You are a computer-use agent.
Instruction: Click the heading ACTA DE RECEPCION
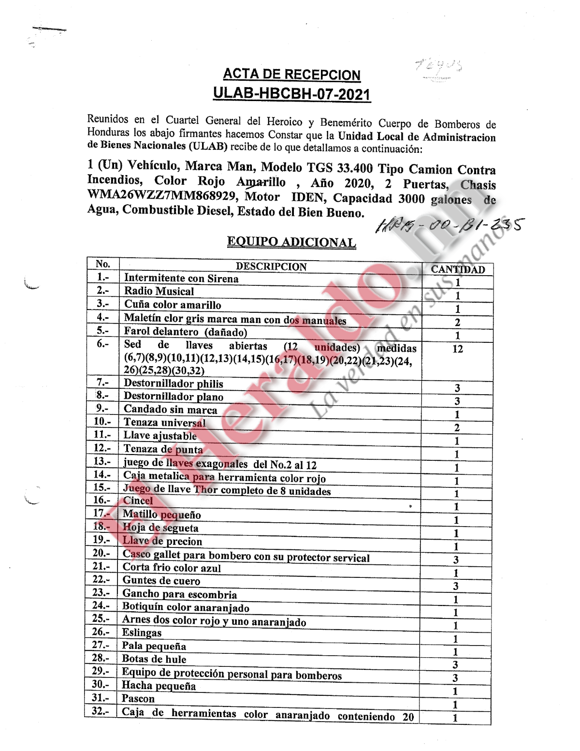tap(291, 74)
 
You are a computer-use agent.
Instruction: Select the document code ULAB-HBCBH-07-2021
tap(291, 93)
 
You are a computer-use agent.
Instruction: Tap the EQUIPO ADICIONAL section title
tap(291, 242)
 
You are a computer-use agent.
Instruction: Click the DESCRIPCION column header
tap(271, 266)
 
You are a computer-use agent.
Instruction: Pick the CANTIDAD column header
tap(458, 269)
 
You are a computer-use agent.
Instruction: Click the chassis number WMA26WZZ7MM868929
tap(162, 195)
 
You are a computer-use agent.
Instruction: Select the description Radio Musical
tap(159, 291)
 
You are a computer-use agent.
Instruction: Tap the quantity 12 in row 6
tap(458, 349)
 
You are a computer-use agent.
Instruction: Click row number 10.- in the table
tap(102, 422)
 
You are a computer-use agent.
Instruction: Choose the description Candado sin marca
tap(170, 410)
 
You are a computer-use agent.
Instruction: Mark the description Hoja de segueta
tap(160, 528)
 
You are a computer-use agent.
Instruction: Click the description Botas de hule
tap(154, 659)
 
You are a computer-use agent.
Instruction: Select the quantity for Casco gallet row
tap(456, 560)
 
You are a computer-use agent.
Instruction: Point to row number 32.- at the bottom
tap(101, 711)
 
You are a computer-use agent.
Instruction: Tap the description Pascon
tap(138, 698)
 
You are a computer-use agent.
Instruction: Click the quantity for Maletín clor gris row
tap(458, 323)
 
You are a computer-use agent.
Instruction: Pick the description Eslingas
tap(142, 633)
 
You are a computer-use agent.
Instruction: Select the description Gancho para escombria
tap(179, 594)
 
